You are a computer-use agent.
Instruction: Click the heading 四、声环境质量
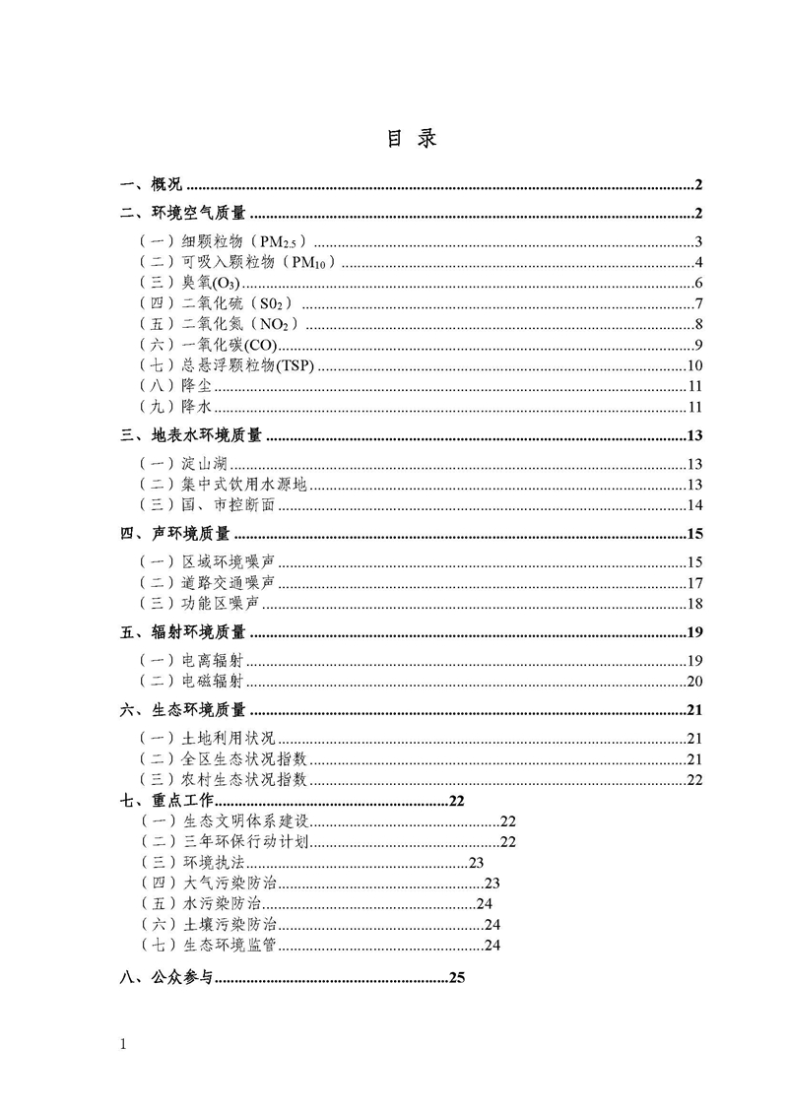coord(175,535)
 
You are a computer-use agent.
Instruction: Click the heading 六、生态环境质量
coord(183,711)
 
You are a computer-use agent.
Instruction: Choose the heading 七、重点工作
coord(160,802)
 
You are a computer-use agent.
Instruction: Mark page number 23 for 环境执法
coord(477,863)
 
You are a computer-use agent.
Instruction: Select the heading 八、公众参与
coord(160,978)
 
